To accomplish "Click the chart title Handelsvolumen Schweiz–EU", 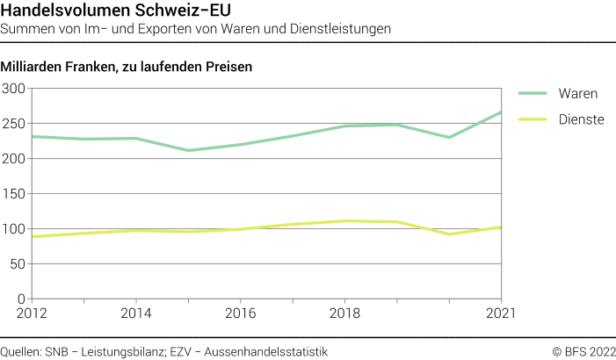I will click(x=111, y=11).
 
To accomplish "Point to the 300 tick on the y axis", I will click(x=13, y=89).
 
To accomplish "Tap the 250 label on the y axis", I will click(x=13, y=124).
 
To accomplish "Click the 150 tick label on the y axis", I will click(x=13, y=194).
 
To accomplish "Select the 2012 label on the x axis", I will click(x=31, y=313).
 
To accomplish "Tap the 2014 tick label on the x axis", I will click(x=135, y=313).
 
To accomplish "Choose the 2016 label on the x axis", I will click(x=240, y=313).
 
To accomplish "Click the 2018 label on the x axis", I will click(x=344, y=313).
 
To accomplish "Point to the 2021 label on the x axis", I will click(x=499, y=313).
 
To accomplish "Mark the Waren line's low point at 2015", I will click(x=188, y=150).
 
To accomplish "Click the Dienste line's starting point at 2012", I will click(x=31, y=237).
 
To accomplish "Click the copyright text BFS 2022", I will click(x=583, y=351).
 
